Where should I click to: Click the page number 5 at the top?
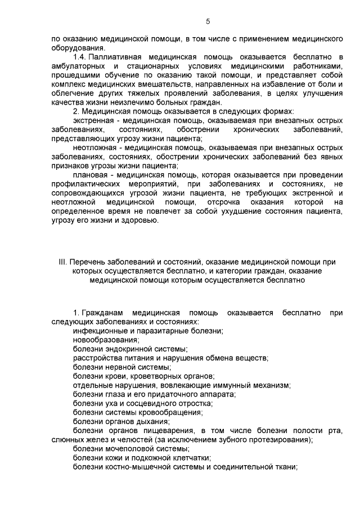[x=208, y=22]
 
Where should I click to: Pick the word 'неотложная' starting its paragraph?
[x=93, y=147]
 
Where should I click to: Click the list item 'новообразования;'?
[x=106, y=339]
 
